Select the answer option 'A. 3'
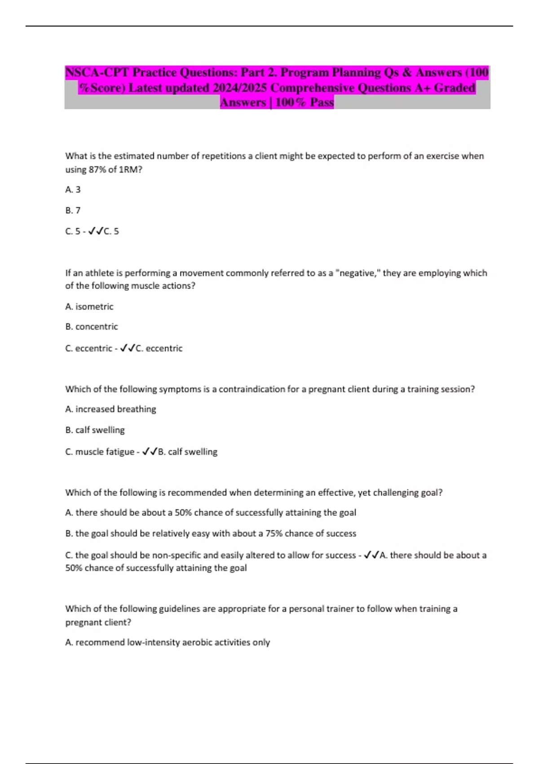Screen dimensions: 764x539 click(73, 190)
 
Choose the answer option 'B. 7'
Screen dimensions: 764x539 click(73, 210)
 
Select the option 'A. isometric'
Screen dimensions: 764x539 click(89, 306)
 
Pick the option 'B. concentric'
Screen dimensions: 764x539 click(92, 327)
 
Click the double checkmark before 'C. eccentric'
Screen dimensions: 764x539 click(128, 348)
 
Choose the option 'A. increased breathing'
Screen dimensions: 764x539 click(110, 409)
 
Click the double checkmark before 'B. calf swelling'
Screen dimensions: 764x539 click(150, 452)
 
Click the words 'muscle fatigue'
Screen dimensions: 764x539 click(105, 452)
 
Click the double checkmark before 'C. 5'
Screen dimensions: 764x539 click(96, 231)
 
